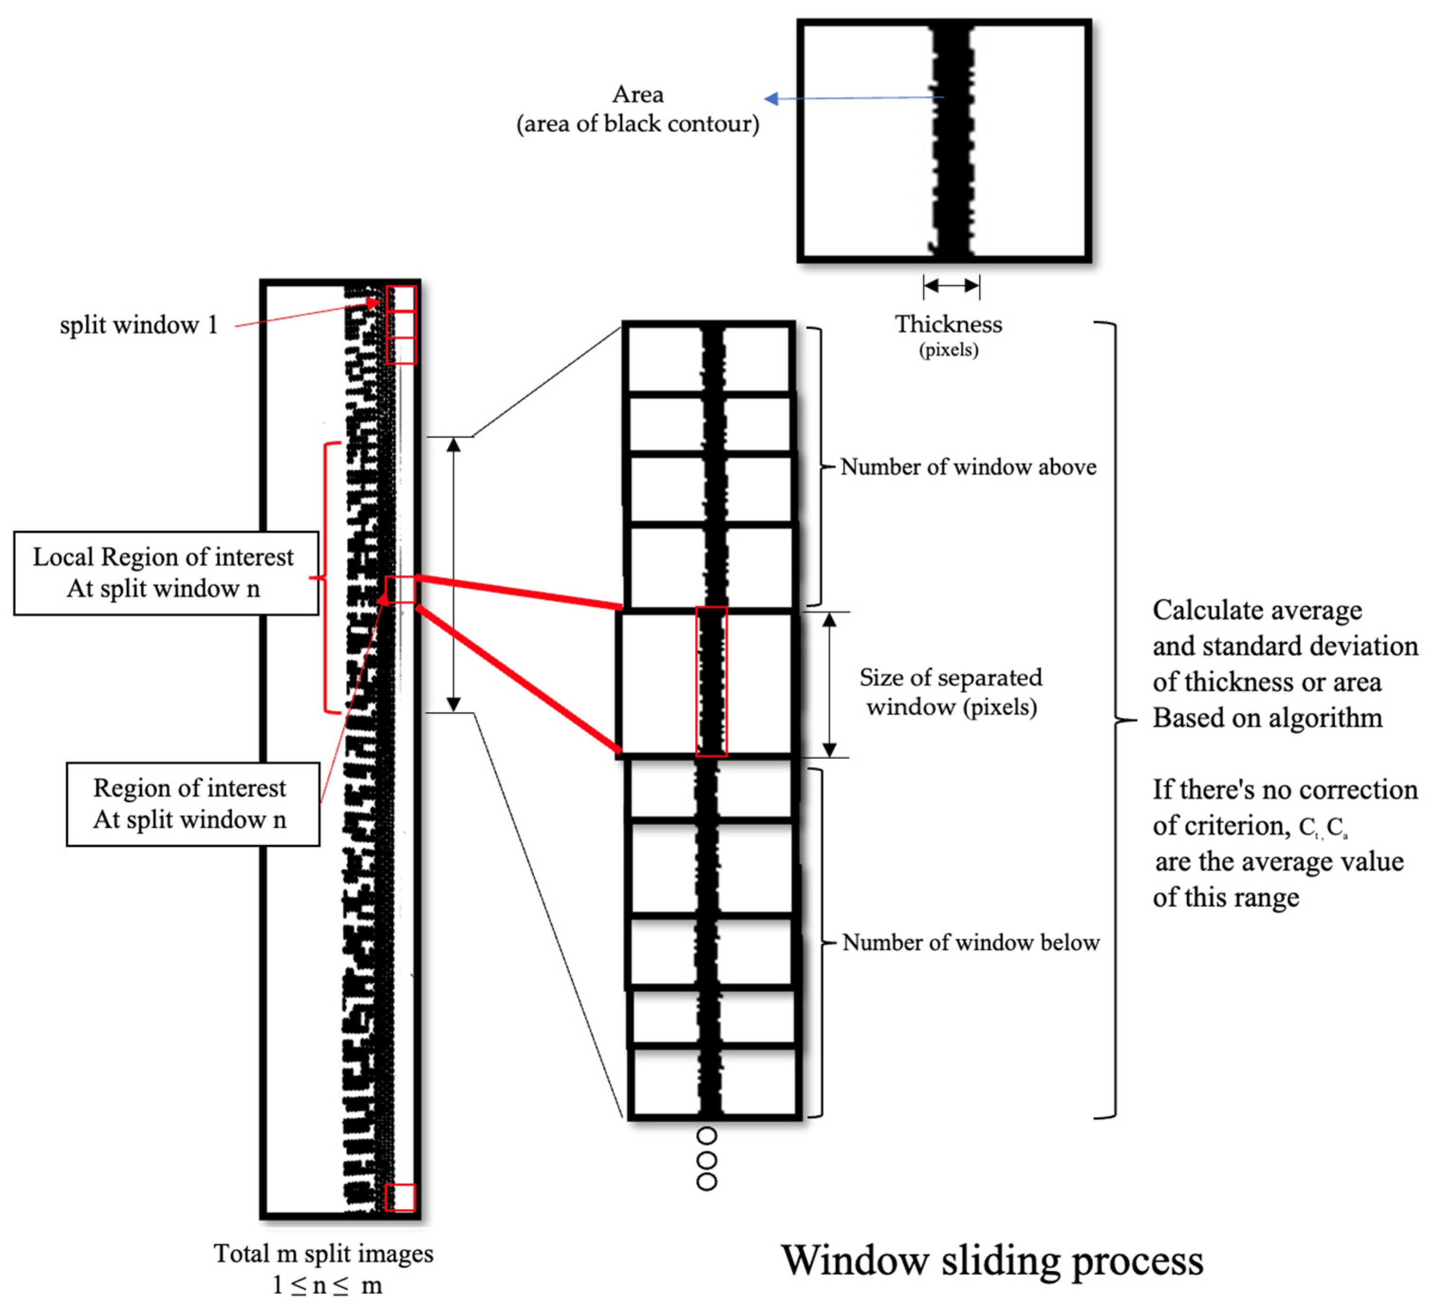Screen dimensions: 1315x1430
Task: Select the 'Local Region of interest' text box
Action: pyautogui.click(x=166, y=573)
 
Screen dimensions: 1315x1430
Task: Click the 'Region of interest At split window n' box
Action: pyautogui.click(x=192, y=804)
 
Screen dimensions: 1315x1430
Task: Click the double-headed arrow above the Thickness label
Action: pyautogui.click(x=951, y=286)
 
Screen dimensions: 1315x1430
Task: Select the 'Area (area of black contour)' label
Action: pyautogui.click(x=637, y=110)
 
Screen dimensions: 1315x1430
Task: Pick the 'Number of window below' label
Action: pyautogui.click(x=970, y=943)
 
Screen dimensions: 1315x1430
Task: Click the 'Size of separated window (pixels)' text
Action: pyautogui.click(x=950, y=692)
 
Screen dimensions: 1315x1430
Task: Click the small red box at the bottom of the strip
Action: pyautogui.click(x=399, y=1197)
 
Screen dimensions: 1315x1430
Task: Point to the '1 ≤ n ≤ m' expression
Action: pyautogui.click(x=327, y=1286)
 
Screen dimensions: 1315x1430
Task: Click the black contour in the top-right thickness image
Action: pyautogui.click(x=952, y=142)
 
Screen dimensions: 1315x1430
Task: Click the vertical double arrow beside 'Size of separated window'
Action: pyautogui.click(x=828, y=685)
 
